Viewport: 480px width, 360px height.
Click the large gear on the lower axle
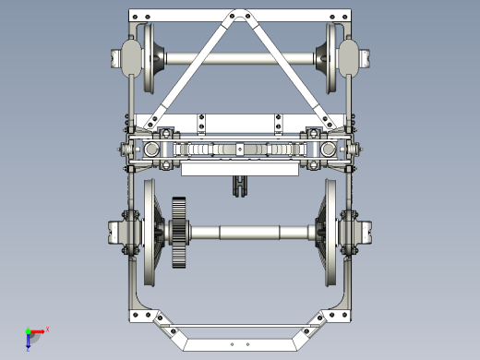[180, 233]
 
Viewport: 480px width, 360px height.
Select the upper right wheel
[330, 57]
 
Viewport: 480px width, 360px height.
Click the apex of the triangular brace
[240, 15]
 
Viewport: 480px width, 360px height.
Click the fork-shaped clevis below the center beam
[240, 186]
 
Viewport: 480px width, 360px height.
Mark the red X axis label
[47, 329]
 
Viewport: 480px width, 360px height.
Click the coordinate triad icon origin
[30, 332]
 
